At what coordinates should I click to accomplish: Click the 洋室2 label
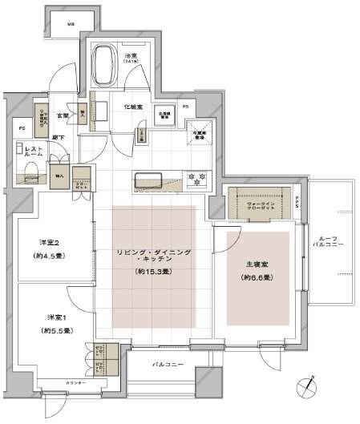click(x=50, y=243)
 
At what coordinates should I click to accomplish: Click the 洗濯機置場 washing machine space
click(x=164, y=115)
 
